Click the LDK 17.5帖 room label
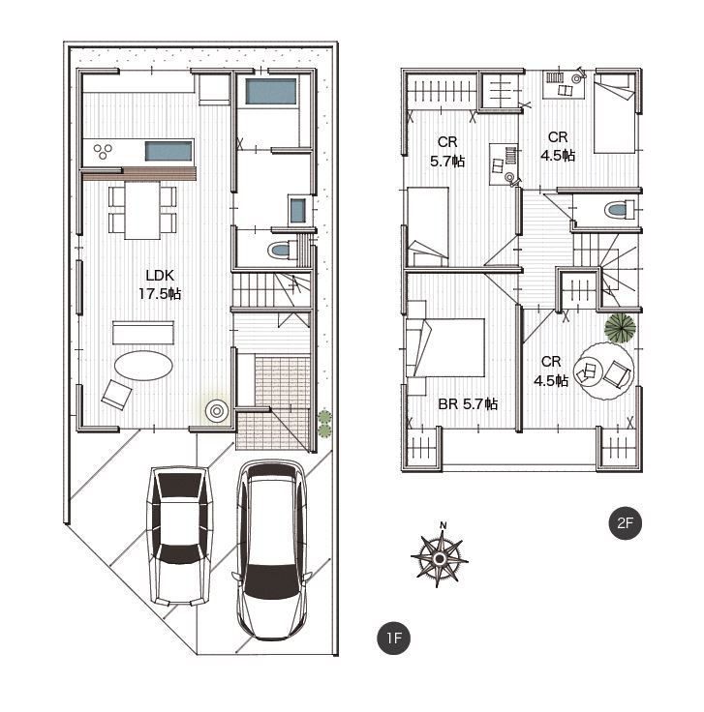(x=160, y=284)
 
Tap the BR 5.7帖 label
(x=468, y=403)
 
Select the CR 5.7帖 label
(x=447, y=152)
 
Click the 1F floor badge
(x=393, y=638)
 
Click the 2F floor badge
(x=626, y=523)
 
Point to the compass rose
(x=439, y=558)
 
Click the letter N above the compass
(x=444, y=525)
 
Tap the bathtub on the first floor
(x=271, y=92)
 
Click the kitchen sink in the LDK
(x=168, y=151)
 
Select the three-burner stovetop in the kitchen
(x=103, y=151)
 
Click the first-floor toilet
(x=282, y=251)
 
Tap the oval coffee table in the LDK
(x=143, y=366)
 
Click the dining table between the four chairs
(x=142, y=210)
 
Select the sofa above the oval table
(x=143, y=333)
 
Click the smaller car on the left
(x=180, y=536)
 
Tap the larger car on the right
(x=272, y=550)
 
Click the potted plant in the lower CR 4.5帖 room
(x=620, y=327)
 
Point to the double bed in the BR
(x=444, y=347)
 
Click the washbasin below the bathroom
(x=297, y=211)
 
